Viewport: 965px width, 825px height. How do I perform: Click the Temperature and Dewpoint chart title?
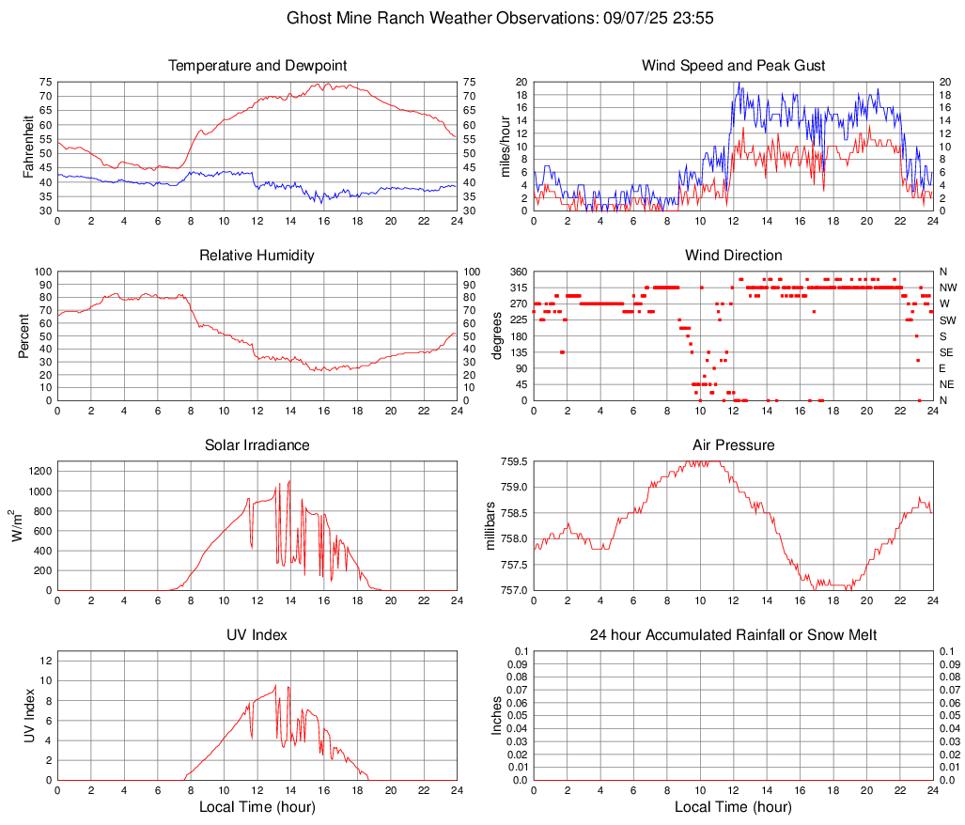tap(257, 66)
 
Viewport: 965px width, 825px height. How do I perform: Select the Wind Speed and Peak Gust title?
tap(733, 66)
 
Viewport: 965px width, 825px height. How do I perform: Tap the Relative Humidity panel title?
tap(257, 256)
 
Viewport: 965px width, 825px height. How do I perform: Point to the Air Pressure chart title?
tap(733, 445)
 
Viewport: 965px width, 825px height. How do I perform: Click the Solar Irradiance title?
tap(257, 445)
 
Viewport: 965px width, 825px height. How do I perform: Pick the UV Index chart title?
tap(257, 635)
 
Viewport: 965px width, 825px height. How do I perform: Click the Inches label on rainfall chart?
tap(497, 716)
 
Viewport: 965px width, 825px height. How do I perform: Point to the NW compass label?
tap(947, 288)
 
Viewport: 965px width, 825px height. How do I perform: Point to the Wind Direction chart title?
tap(733, 256)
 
